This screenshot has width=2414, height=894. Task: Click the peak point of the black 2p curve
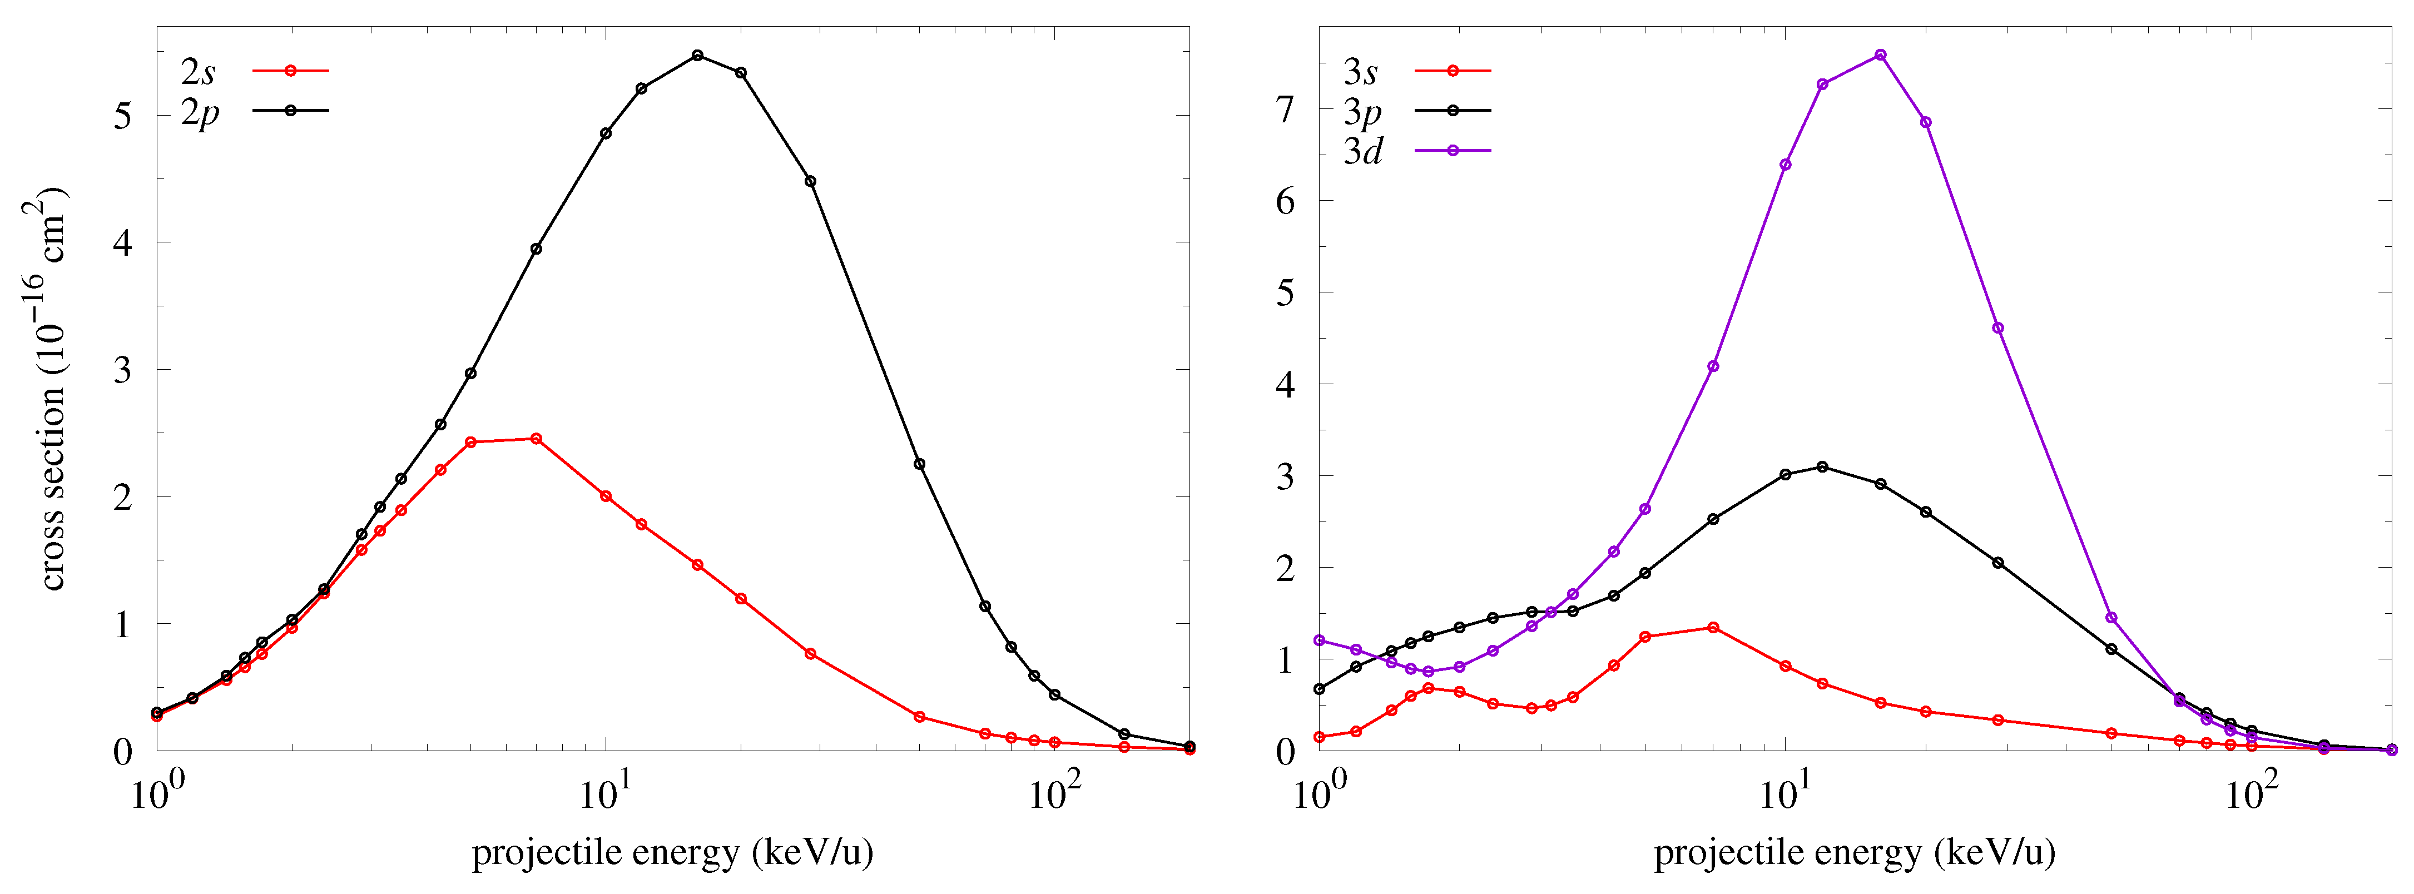tap(697, 55)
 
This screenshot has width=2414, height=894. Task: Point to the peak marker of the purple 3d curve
tap(1880, 55)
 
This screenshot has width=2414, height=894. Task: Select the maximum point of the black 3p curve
tap(1822, 466)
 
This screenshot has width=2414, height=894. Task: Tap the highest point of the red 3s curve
tap(1713, 628)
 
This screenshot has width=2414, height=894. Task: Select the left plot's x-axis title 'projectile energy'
tap(672, 852)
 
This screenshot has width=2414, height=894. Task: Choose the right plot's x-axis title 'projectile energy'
tap(1853, 852)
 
